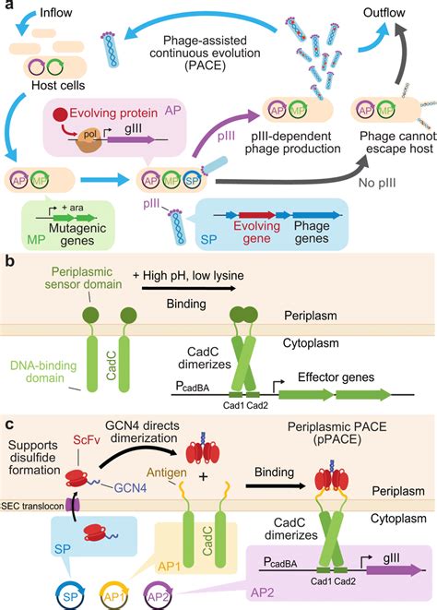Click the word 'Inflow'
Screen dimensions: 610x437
click(x=41, y=15)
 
